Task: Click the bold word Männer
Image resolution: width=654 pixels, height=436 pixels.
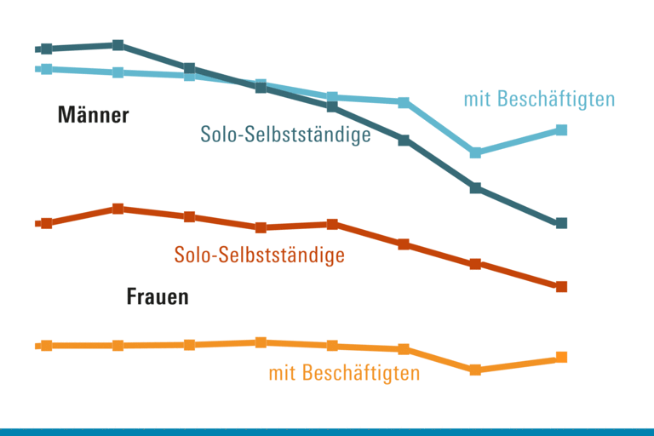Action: pos(94,115)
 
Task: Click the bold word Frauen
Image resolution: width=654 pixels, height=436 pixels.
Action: pos(158,298)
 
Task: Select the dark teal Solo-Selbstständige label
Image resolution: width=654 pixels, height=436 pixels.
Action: pos(285,135)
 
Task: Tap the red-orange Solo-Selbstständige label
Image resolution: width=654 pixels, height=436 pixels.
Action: pos(259,255)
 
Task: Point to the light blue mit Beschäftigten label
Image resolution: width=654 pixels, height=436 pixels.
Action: pos(539,100)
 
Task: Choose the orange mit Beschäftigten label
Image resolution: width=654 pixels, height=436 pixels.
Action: pos(344,373)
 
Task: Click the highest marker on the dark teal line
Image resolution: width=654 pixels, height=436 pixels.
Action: pos(118,45)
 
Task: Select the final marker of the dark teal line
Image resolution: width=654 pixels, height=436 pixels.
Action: pos(561,223)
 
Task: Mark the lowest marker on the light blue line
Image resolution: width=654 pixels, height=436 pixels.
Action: pos(476,152)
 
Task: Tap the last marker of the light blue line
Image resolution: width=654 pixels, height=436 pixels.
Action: pos(561,129)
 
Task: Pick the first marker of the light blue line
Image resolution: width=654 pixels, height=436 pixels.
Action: pos(47,69)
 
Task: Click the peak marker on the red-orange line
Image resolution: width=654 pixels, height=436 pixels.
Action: pos(118,209)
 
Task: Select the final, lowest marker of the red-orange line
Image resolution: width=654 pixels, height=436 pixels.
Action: pos(561,287)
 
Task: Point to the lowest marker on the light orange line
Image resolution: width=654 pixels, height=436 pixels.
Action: pos(476,370)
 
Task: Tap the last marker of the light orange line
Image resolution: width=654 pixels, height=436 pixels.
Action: pos(561,358)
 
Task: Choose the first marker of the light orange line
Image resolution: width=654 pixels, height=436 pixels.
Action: pos(47,345)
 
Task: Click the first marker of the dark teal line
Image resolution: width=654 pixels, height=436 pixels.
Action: pos(47,49)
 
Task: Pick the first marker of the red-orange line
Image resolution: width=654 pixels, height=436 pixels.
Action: pos(47,223)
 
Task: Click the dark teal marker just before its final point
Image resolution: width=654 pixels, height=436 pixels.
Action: pos(476,188)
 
